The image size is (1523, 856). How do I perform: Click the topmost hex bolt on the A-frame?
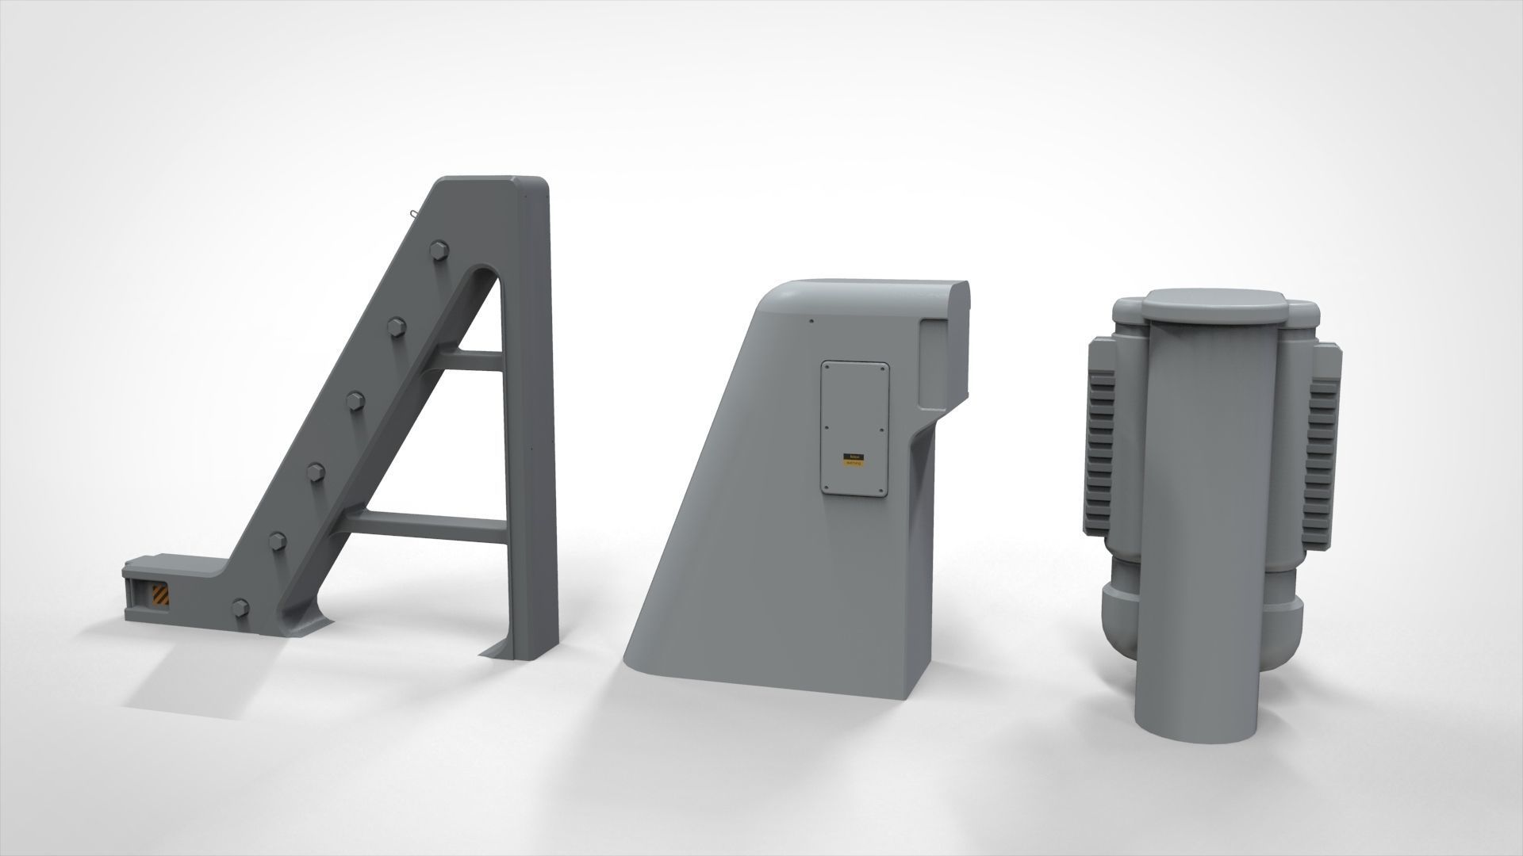click(x=435, y=251)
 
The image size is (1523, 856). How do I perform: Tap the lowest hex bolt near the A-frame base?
click(x=240, y=608)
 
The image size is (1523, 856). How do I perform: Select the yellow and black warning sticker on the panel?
click(x=854, y=462)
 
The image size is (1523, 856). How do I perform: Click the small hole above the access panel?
click(x=811, y=321)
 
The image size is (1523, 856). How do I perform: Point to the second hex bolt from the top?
click(x=395, y=326)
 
